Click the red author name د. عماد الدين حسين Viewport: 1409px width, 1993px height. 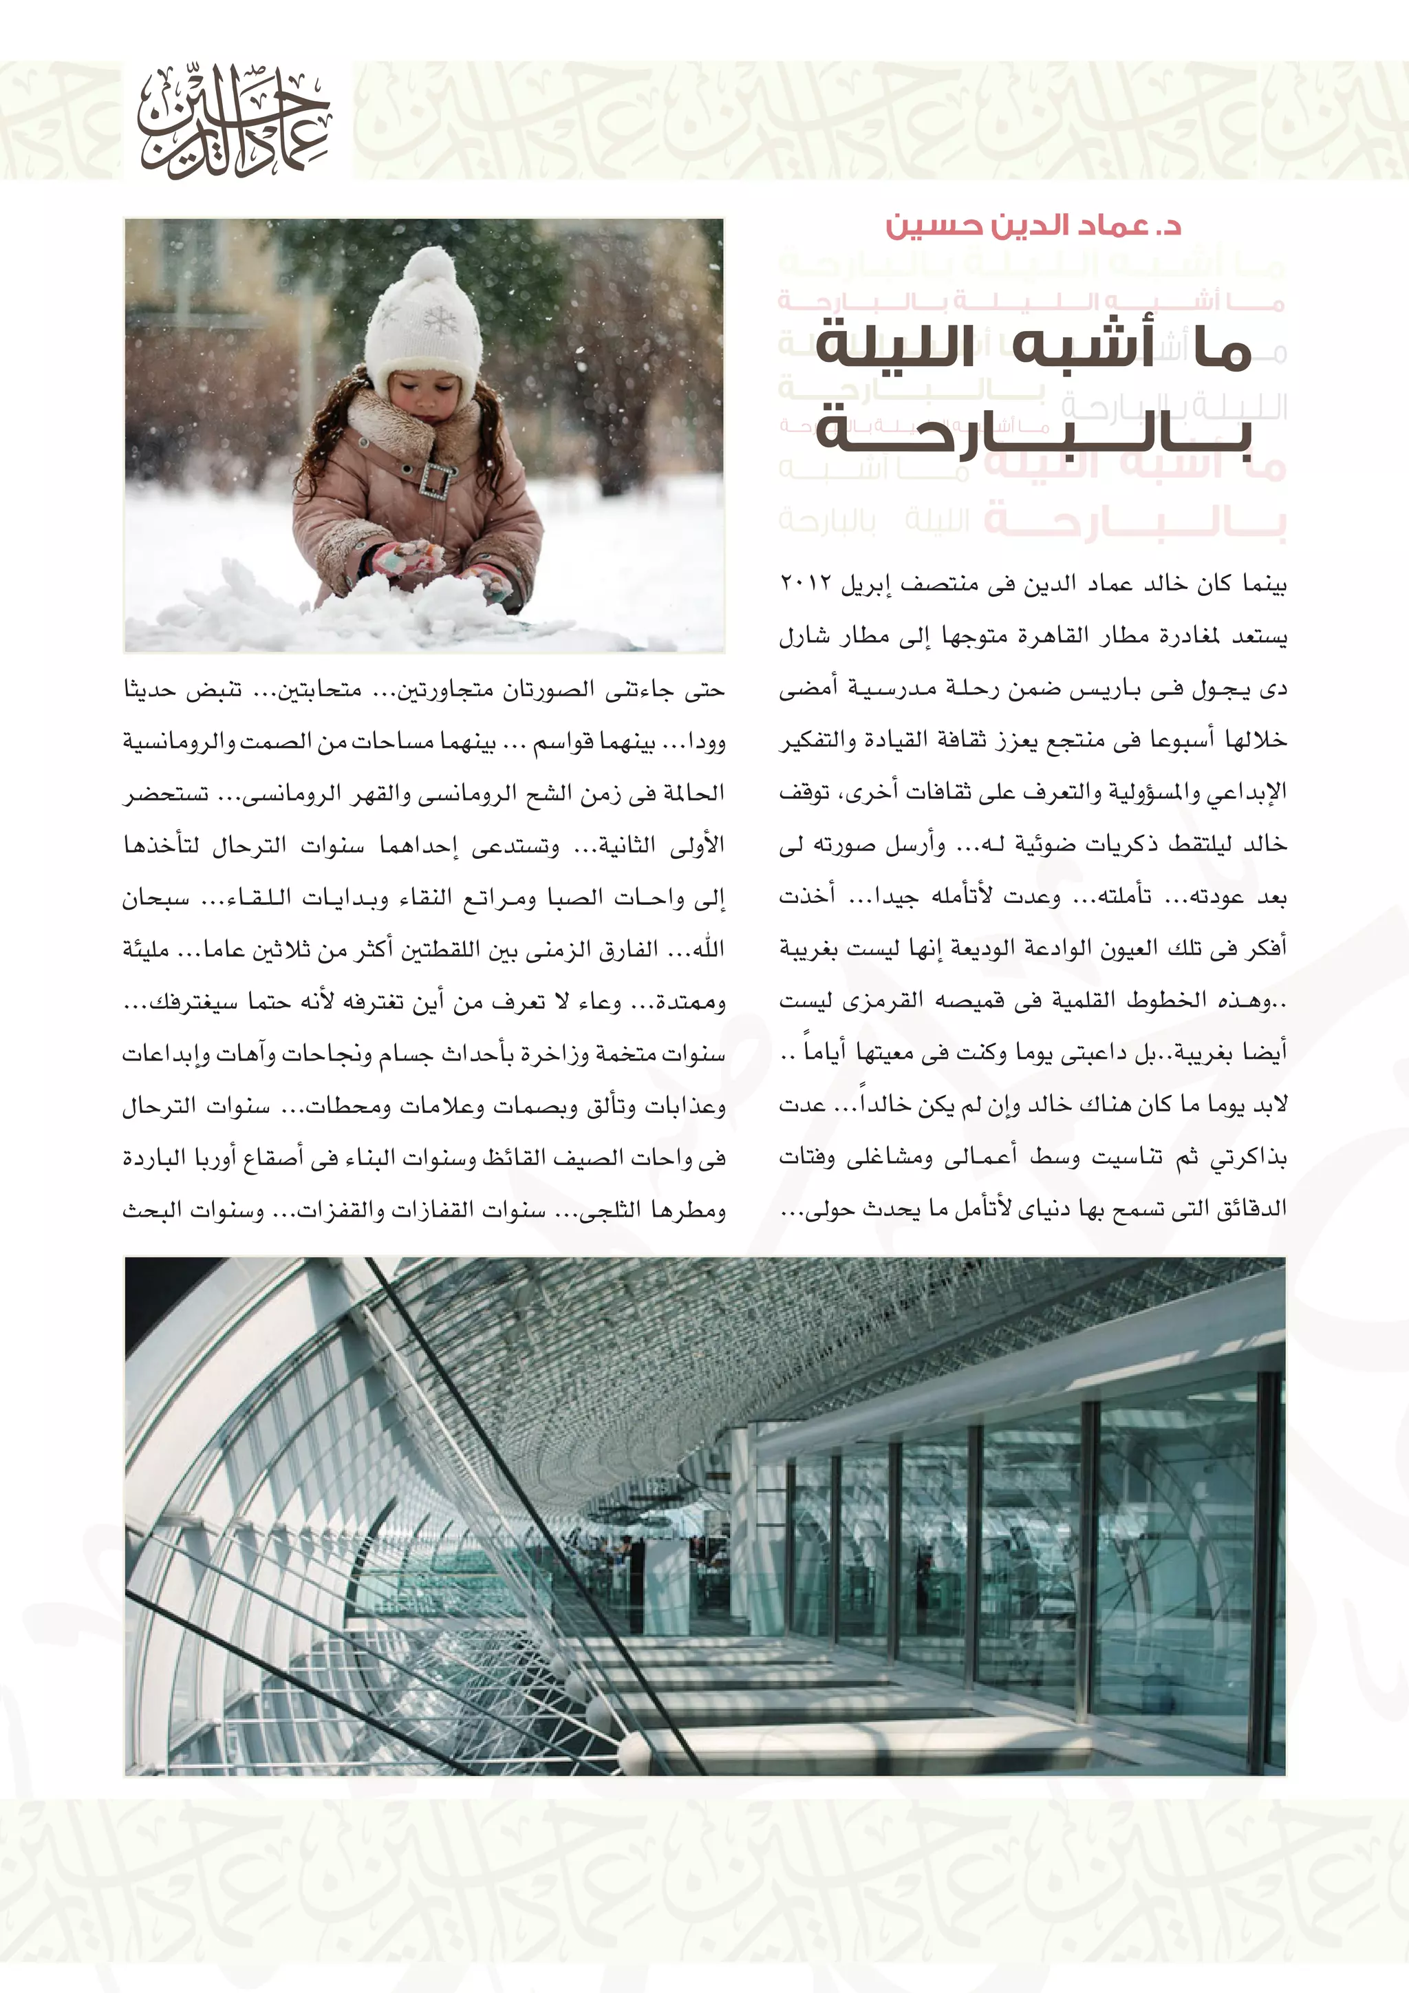point(1033,226)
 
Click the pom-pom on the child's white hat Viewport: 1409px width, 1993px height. point(430,264)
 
